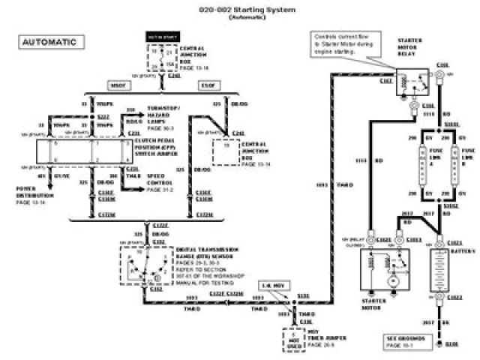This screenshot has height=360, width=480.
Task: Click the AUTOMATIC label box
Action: pos(49,42)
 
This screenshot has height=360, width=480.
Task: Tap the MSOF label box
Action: pos(121,85)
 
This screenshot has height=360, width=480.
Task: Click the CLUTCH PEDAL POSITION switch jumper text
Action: pos(169,145)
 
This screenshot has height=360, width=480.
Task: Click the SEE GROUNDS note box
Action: pos(407,341)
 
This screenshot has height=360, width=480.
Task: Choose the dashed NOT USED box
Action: pos(293,340)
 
